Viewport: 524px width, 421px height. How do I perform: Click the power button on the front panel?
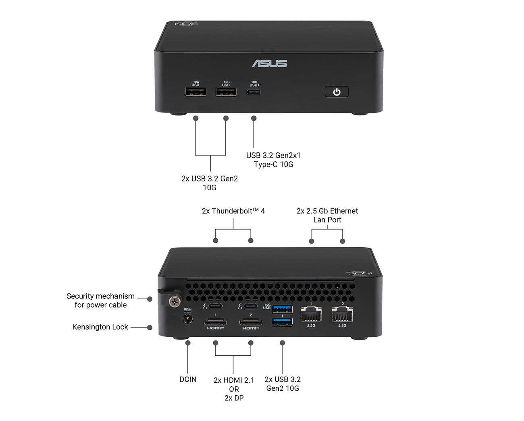[337, 92]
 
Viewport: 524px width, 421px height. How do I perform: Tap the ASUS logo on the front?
[270, 63]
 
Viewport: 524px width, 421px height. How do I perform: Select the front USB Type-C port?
[254, 92]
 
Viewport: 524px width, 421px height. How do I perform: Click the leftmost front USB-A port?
[196, 92]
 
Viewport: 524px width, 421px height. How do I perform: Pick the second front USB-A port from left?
[226, 92]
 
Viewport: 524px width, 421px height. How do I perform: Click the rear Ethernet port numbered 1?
[311, 314]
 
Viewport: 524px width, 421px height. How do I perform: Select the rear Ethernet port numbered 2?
[342, 314]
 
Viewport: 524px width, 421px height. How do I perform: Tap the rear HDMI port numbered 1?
[215, 322]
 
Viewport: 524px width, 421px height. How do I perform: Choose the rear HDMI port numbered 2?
[251, 322]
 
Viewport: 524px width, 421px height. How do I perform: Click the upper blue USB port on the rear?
[283, 309]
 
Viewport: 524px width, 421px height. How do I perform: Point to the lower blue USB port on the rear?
[283, 322]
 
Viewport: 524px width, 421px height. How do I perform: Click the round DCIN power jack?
[188, 319]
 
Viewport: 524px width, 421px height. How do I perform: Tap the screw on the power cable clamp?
[175, 301]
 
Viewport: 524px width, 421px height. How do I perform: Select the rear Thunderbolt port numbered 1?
[216, 306]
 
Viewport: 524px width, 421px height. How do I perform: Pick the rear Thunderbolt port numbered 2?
[251, 306]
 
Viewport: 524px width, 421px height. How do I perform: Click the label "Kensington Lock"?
[100, 327]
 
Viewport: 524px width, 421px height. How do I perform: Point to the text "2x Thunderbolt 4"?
[233, 211]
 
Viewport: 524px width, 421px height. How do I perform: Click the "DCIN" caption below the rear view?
[188, 379]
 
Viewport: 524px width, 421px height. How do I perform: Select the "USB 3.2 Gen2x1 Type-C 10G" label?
[273, 160]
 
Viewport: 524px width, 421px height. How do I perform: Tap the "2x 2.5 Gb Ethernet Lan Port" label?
[327, 215]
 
